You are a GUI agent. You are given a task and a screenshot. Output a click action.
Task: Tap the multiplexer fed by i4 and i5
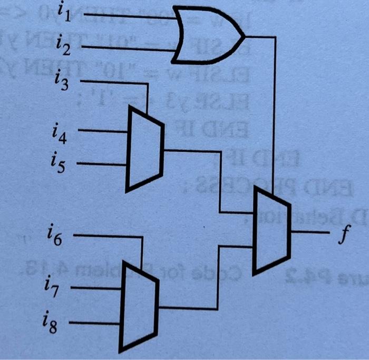(x=144, y=149)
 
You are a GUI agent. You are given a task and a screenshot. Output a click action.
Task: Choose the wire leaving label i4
(x=103, y=132)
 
